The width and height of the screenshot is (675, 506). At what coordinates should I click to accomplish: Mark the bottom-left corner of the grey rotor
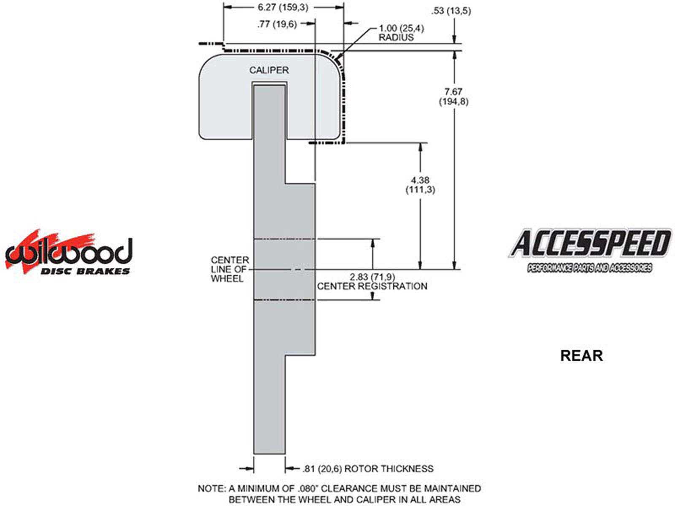point(254,453)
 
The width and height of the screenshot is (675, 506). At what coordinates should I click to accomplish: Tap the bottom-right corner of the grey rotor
point(285,453)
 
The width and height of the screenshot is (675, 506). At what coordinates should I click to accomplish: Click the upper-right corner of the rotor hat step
point(315,184)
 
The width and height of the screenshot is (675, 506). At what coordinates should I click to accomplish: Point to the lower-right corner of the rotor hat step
point(315,355)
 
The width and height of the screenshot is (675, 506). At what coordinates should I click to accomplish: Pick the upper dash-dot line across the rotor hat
point(284,239)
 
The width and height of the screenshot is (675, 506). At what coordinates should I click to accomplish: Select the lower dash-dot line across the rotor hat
point(284,299)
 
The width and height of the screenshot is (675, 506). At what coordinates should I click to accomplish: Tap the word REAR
point(581,356)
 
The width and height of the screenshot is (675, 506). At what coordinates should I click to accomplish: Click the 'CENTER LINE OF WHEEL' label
point(230,269)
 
